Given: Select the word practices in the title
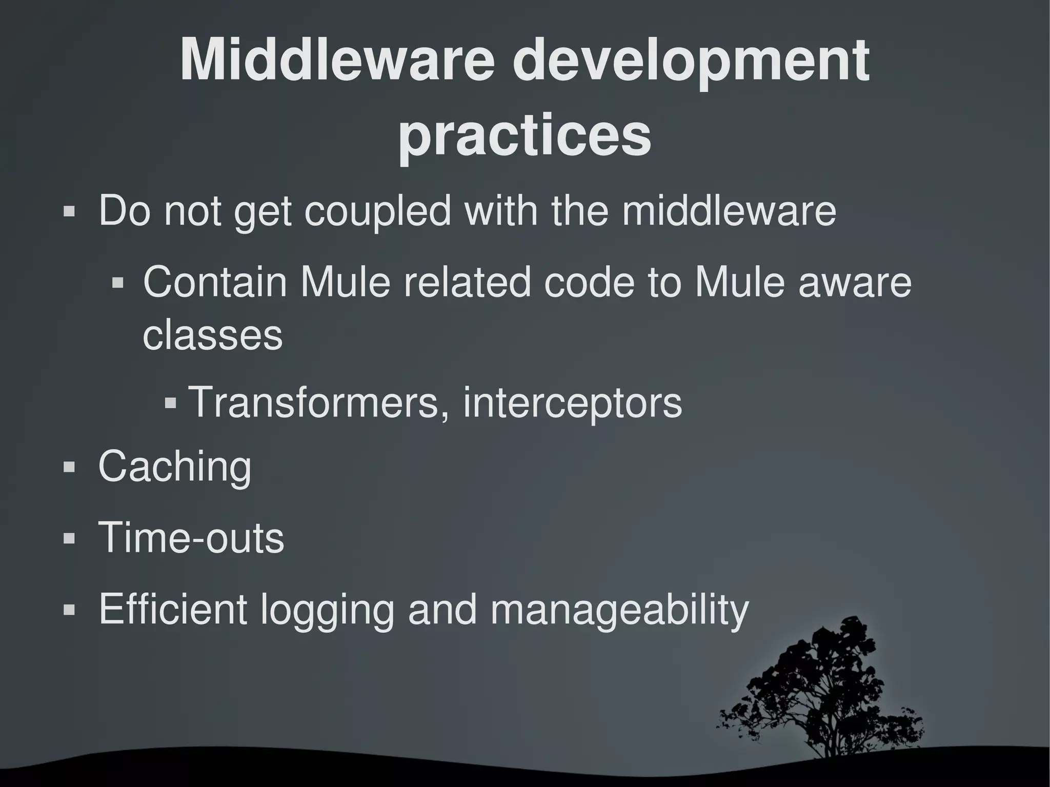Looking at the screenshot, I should [x=524, y=136].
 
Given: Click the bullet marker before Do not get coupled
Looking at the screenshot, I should [x=69, y=211].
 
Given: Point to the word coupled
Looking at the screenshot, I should [x=377, y=211].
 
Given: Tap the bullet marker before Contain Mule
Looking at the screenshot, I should [x=118, y=282].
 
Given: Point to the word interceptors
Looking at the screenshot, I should [x=573, y=402].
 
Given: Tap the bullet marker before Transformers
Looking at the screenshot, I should [x=171, y=402].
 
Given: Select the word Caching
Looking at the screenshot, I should [x=175, y=467].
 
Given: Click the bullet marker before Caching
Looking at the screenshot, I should [x=69, y=467].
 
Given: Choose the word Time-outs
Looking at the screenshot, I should [x=191, y=538].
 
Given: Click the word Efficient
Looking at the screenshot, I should [x=173, y=609].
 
